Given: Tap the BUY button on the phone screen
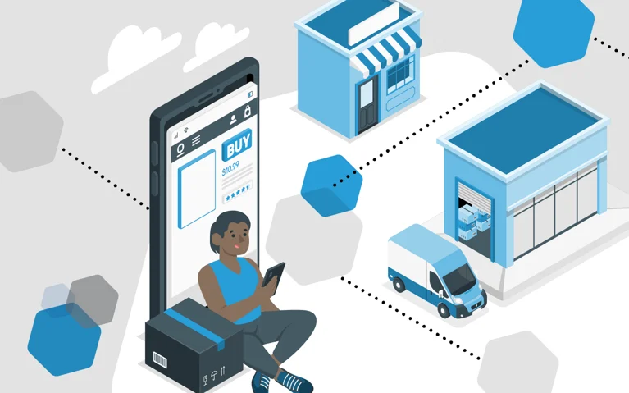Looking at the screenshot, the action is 237,144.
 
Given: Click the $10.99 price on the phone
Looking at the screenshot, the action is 230,168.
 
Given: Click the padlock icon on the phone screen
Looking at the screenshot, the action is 248,111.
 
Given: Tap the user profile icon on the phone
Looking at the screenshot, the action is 233,120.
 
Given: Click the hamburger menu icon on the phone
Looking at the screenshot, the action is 196,140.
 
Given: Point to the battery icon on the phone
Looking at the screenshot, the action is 250,94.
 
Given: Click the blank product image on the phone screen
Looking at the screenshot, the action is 197,189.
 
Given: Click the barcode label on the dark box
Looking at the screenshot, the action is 160,359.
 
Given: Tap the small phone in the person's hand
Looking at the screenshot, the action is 274,276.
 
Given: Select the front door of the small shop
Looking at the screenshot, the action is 367,105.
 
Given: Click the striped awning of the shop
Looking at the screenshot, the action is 385,53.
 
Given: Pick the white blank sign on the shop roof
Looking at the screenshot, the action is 374,24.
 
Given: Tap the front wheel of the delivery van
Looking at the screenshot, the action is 444,310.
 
